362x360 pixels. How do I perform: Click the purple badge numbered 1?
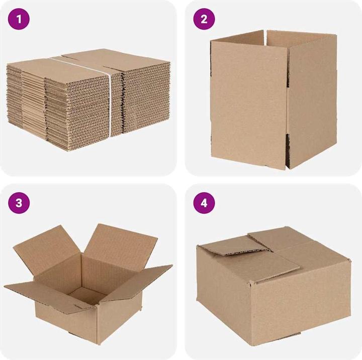tap(19, 19)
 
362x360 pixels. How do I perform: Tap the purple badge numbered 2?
tap(204, 19)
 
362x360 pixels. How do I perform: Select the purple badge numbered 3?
tap(19, 203)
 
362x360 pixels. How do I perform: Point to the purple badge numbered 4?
tap(204, 203)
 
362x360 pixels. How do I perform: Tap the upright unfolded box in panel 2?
tap(271, 100)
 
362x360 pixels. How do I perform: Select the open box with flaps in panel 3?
tap(88, 286)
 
